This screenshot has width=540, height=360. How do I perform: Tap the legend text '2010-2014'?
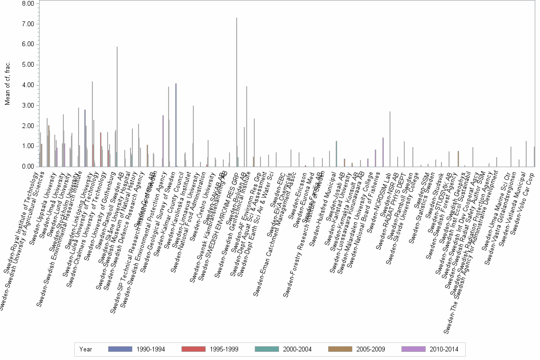pos(444,349)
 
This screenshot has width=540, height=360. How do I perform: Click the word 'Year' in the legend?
pos(86,349)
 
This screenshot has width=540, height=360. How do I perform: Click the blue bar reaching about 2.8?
pos(85,138)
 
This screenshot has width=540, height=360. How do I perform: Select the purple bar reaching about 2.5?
pos(163,141)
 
